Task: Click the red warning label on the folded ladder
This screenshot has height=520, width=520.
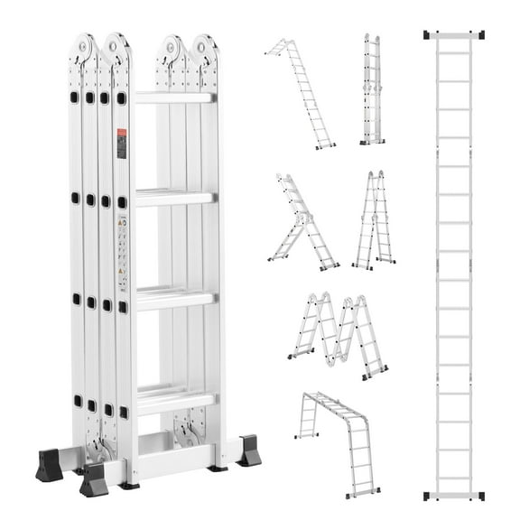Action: pos(121,144)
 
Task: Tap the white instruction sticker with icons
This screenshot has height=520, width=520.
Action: pos(122,245)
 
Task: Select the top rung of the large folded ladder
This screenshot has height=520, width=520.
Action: pos(175,97)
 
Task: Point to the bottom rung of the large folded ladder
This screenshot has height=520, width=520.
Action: pos(175,398)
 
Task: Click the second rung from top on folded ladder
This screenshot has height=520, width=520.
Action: pos(175,197)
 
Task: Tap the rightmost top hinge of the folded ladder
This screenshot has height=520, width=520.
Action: pos(205,49)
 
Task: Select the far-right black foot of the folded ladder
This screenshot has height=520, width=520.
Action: pos(249,450)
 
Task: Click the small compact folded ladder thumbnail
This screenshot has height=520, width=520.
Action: pos(371,90)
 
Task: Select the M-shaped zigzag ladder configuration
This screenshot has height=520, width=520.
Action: pos(339,333)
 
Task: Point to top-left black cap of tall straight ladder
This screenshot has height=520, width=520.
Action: pos(429,34)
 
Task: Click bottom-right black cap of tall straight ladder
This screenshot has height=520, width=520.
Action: pos(478,495)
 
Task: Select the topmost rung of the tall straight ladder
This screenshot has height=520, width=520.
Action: pos(453,52)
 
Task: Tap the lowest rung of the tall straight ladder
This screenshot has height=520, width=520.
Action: pos(453,477)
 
